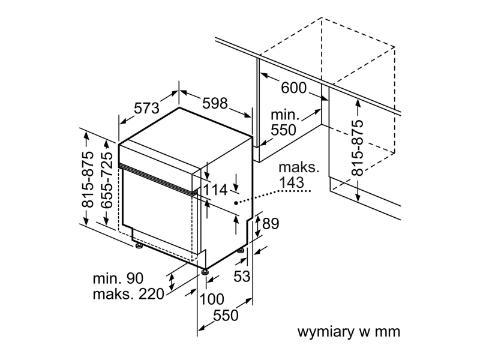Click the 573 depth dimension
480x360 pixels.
[x=147, y=108]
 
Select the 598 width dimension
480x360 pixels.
[x=215, y=103]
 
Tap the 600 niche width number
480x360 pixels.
[x=293, y=88]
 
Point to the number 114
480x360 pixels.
[x=215, y=190]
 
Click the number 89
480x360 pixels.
[x=271, y=223]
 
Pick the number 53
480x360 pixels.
[x=242, y=277]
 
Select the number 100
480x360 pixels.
[x=212, y=299]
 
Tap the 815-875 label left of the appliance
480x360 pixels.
[x=88, y=179]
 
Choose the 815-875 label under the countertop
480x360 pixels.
[x=357, y=148]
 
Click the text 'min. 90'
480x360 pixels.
[x=118, y=278]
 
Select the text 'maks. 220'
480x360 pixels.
[x=128, y=294]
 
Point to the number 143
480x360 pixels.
[x=292, y=182]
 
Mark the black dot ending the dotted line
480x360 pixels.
[x=236, y=203]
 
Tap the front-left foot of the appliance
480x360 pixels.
[x=139, y=246]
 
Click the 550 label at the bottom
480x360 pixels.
[x=226, y=316]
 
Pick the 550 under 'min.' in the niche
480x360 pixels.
[x=283, y=130]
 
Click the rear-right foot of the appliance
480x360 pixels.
[x=241, y=251]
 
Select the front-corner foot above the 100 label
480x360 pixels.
[x=205, y=272]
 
